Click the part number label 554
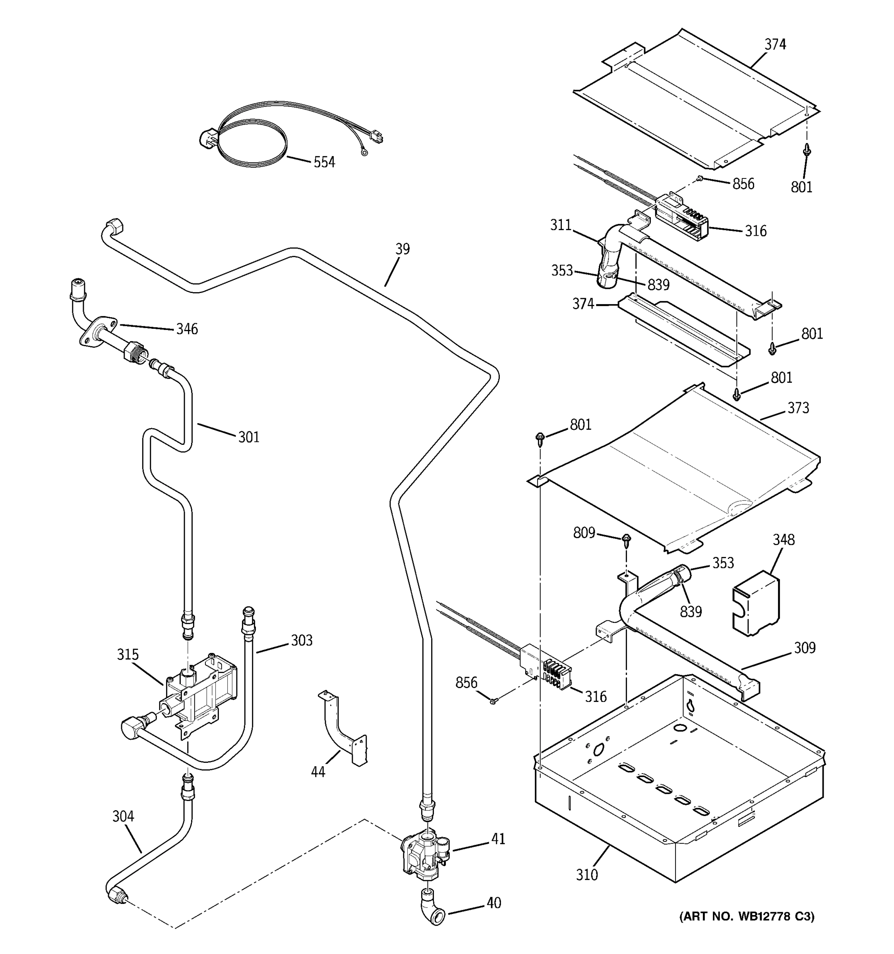pyautogui.click(x=324, y=162)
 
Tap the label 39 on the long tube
pyautogui.click(x=402, y=249)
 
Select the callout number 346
pyautogui.click(x=187, y=329)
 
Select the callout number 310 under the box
pyautogui.click(x=586, y=875)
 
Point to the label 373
pyautogui.click(x=798, y=407)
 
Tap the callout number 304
pyautogui.click(x=123, y=816)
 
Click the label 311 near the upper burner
pyautogui.click(x=561, y=225)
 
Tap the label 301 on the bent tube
pyautogui.click(x=249, y=437)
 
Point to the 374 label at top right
pyautogui.click(x=775, y=44)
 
